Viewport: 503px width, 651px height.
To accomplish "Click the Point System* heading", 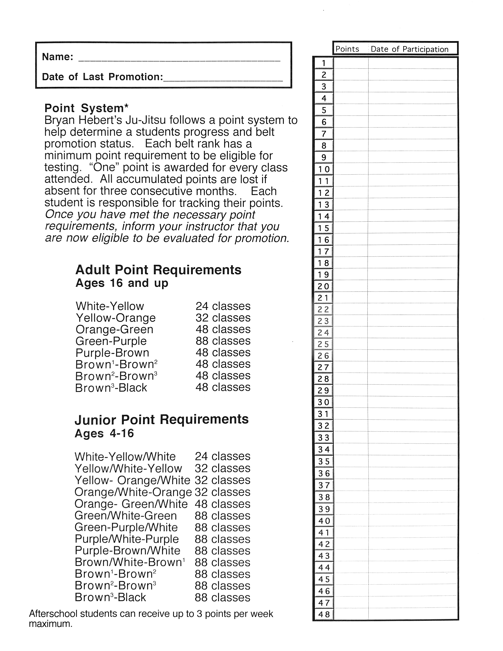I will [x=87, y=108].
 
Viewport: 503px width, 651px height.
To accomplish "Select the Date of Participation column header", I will [x=409, y=49].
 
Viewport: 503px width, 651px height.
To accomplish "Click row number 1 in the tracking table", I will [x=324, y=63].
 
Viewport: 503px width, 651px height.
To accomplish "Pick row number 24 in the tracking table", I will [x=323, y=332].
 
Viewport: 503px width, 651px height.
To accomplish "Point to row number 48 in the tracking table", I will [x=324, y=614].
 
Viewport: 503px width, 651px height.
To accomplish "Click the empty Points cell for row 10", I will [x=351, y=169].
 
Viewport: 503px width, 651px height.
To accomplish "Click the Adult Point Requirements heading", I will [x=158, y=270].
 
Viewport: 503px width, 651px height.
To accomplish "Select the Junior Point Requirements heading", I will [x=161, y=420].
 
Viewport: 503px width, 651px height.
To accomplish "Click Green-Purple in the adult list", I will [x=111, y=341].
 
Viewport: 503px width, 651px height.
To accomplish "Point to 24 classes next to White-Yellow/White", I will [x=222, y=456].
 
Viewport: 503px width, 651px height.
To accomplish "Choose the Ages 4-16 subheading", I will [x=104, y=433].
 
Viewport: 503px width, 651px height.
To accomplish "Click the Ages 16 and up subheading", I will [x=122, y=283].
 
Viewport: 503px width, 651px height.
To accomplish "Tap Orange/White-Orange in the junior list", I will [x=133, y=492].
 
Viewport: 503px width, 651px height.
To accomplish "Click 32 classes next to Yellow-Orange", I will [x=223, y=318].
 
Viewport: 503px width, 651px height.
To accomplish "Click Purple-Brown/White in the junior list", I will [x=128, y=551].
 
